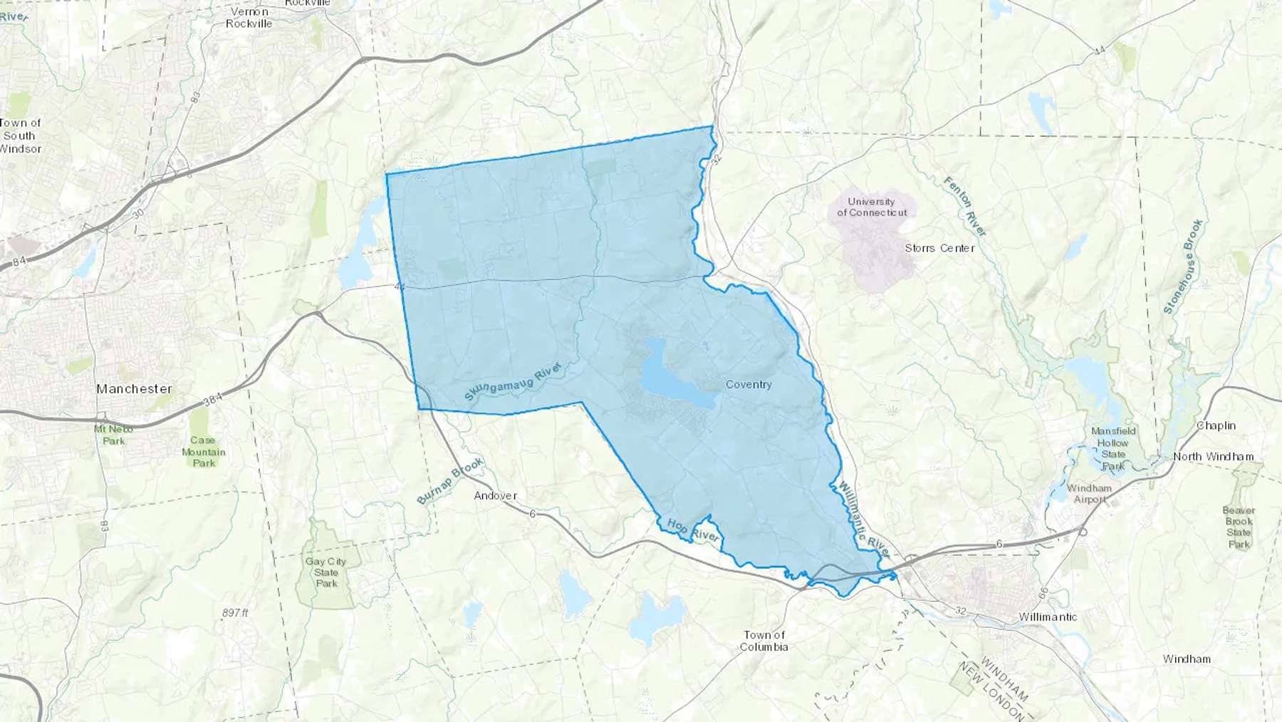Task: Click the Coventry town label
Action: click(748, 384)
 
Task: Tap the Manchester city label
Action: click(134, 388)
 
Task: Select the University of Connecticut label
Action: click(872, 207)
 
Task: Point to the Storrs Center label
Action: click(939, 248)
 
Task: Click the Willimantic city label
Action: click(1047, 617)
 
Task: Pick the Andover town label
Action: click(495, 495)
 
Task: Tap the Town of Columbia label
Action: click(764, 641)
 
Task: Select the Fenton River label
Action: click(965, 207)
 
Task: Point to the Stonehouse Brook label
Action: click(1183, 267)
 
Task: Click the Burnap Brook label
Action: click(450, 481)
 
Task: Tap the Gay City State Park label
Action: click(326, 572)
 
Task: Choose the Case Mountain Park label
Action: click(203, 452)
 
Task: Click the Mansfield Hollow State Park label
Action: click(1113, 448)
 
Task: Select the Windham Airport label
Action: click(1089, 493)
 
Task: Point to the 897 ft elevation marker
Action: click(235, 613)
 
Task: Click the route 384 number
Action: click(213, 401)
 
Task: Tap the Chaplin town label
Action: click(1216, 426)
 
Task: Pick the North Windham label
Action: click(1213, 456)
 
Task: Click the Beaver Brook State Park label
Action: click(1239, 527)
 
